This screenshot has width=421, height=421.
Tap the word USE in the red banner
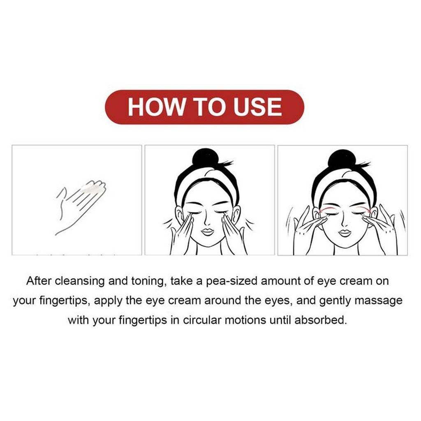point(257,106)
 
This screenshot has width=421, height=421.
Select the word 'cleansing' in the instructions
point(80,282)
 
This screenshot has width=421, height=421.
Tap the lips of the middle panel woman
point(207,231)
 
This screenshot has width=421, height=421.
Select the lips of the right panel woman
point(345,233)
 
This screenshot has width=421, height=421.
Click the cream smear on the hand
point(92,187)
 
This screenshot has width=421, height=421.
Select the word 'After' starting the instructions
point(39,281)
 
